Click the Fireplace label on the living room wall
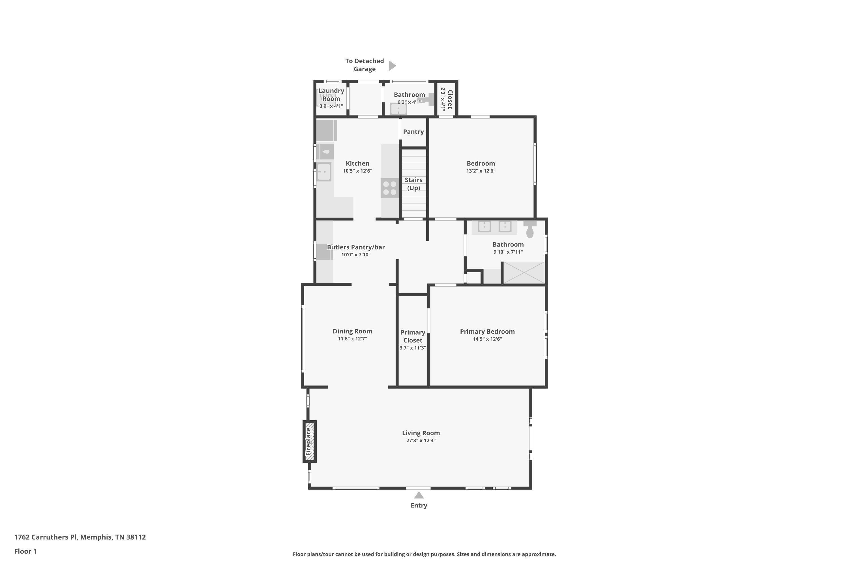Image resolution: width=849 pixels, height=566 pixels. point(308,441)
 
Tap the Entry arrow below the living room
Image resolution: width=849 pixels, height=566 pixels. point(419,495)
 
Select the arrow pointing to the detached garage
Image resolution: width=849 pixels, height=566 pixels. point(392,66)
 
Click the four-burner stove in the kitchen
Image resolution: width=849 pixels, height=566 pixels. point(389,188)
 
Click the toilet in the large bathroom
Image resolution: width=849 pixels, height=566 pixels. point(529,229)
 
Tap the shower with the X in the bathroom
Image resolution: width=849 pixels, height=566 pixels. point(524,273)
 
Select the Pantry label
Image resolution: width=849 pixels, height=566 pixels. point(413,132)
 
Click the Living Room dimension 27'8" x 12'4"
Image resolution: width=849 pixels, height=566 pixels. point(421,440)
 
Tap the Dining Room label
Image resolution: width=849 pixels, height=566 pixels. point(352,331)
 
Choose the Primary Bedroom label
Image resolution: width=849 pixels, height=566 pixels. point(487,331)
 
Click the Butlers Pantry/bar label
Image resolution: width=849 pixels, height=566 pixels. point(356,247)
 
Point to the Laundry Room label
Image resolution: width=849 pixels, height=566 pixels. point(331,95)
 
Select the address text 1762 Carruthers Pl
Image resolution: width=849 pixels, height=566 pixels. point(46,537)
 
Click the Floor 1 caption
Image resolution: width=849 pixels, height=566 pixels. point(25,551)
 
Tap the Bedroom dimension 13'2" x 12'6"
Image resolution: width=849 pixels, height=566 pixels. point(481,171)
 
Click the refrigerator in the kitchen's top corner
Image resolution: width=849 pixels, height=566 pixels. point(327,130)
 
